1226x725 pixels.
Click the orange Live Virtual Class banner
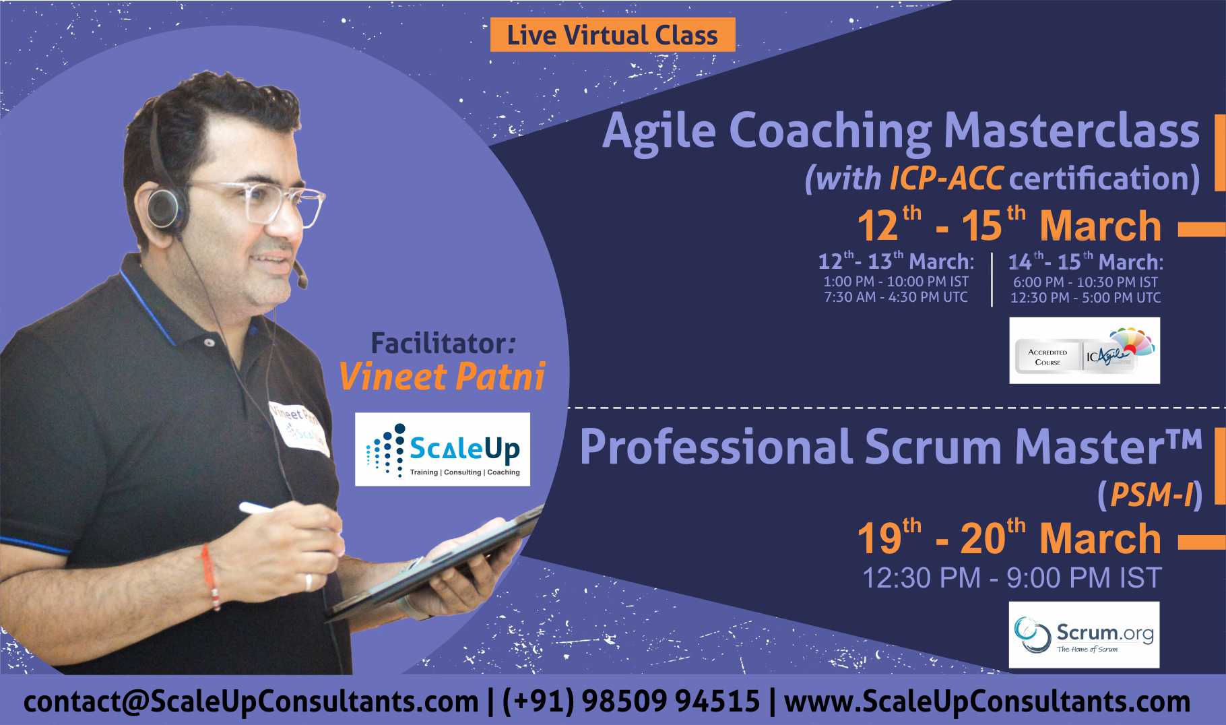[x=612, y=35]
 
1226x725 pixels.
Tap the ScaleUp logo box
[x=443, y=449]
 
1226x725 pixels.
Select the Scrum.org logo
[x=1085, y=635]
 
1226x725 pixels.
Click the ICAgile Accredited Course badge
[x=1085, y=350]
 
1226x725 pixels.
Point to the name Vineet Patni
[x=442, y=377]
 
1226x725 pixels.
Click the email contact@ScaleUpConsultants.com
[x=251, y=701]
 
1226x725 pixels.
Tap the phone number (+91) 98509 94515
[x=631, y=701]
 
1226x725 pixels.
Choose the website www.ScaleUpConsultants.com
[x=988, y=701]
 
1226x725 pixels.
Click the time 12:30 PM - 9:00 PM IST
[x=1012, y=578]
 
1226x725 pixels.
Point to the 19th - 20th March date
[x=1009, y=537]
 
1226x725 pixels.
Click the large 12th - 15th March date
[x=1009, y=224]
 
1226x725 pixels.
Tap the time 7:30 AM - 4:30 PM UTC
[x=896, y=297]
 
